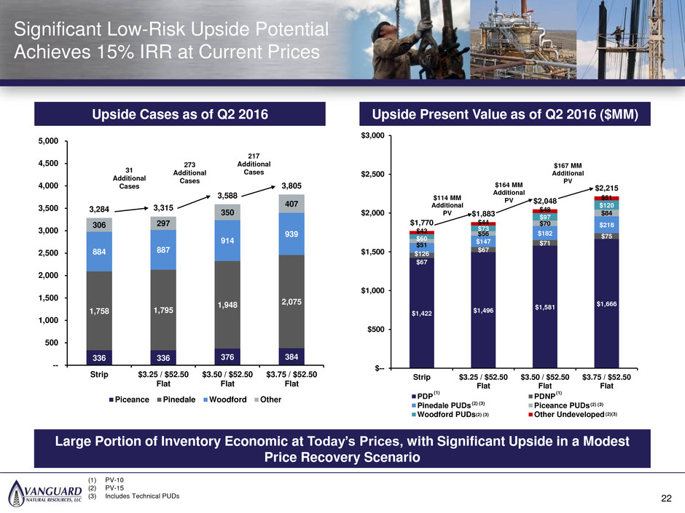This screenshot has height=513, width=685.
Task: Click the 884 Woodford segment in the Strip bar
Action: pos(99,252)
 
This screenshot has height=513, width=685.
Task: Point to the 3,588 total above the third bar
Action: pos(227,196)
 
